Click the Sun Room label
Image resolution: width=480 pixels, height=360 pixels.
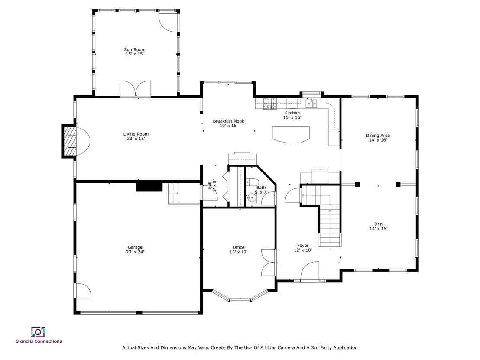tap(135, 52)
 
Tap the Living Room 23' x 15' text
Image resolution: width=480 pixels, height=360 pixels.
tap(136, 136)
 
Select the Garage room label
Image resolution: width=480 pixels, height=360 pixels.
tap(135, 250)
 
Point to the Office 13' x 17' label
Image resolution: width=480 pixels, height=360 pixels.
tap(238, 250)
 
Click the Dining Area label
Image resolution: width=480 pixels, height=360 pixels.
tap(378, 137)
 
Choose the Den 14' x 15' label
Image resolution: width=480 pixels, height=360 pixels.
tap(378, 226)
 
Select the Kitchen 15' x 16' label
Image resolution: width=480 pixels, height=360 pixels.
tap(292, 115)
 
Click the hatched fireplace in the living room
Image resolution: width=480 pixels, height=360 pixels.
tap(69, 141)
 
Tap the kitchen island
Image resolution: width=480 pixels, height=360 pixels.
tap(291, 135)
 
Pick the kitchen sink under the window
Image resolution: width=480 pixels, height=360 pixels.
tap(311, 104)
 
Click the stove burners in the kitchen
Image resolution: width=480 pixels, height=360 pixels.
tap(270, 104)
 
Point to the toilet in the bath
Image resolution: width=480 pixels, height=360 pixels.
tap(253, 182)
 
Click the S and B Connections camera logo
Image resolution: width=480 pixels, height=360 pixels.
tap(38, 332)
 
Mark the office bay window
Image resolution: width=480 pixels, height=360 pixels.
tap(240, 296)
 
